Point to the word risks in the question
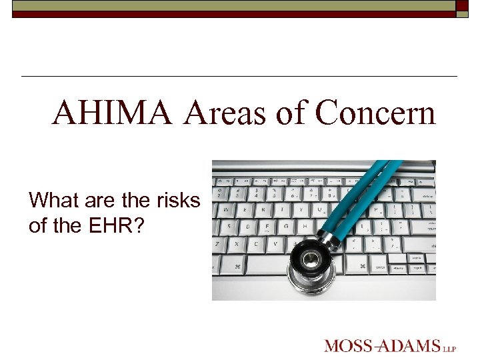[176, 200]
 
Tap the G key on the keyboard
[286, 226]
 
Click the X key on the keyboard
[237, 244]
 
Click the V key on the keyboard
[275, 244]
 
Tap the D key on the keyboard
[248, 226]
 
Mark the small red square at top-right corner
[462, 5]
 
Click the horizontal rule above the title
[239, 77]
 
